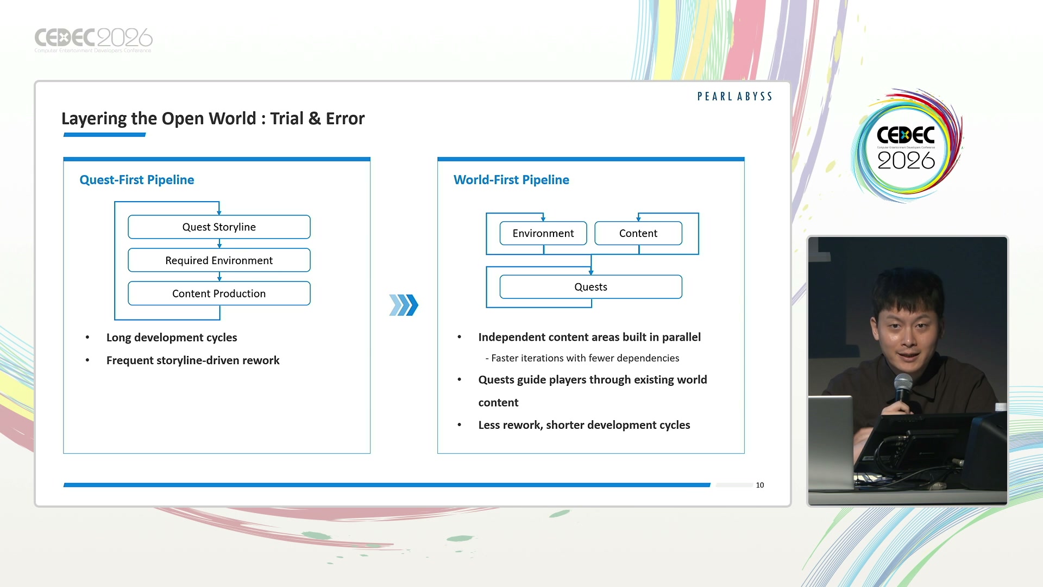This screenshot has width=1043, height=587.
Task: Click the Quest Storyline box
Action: click(x=219, y=227)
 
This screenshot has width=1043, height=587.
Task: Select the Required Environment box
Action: click(x=219, y=260)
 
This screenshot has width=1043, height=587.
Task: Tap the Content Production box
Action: click(x=219, y=293)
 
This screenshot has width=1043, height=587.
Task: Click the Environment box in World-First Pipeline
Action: click(x=543, y=233)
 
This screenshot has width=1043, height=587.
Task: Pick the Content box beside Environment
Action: click(x=638, y=233)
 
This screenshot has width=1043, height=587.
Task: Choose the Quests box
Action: click(x=590, y=287)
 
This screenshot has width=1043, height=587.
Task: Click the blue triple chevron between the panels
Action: click(x=404, y=305)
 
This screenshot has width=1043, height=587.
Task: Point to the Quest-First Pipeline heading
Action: click(x=137, y=180)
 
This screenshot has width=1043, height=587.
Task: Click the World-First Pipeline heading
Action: click(x=511, y=180)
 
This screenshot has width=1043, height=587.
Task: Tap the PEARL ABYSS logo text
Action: click(x=734, y=97)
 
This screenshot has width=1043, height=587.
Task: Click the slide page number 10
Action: click(x=760, y=485)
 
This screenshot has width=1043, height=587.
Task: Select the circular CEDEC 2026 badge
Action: click(x=906, y=146)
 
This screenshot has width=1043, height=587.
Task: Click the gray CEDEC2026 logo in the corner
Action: click(x=93, y=40)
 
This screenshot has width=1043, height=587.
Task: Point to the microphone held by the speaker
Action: click(x=903, y=389)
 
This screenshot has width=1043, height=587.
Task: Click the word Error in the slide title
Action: click(x=345, y=118)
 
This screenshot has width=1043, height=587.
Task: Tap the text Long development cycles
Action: click(x=172, y=338)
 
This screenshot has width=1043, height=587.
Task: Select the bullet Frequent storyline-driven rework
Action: click(x=193, y=360)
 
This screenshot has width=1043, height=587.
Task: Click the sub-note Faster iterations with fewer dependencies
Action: click(x=582, y=358)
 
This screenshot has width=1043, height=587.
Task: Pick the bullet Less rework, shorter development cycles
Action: click(x=584, y=425)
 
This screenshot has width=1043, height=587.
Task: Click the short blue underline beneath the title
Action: click(x=105, y=135)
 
